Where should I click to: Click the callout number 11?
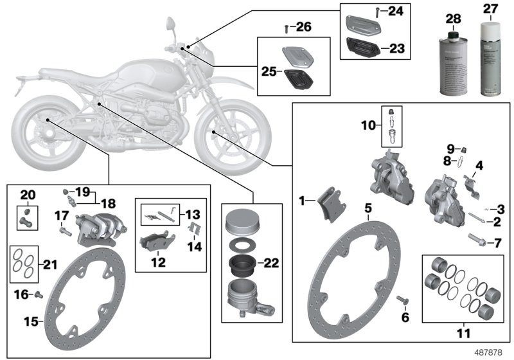click(x=463, y=334)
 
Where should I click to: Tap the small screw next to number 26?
click(x=285, y=28)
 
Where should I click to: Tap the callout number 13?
click(x=193, y=213)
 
